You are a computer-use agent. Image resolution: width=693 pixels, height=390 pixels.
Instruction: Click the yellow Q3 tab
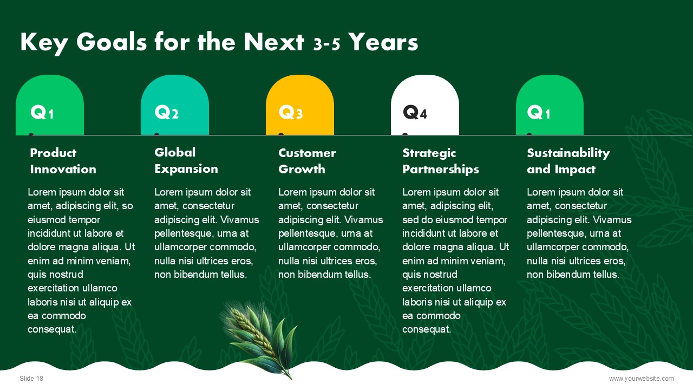coord(300,105)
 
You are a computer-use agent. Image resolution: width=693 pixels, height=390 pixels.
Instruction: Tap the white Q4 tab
coord(425,105)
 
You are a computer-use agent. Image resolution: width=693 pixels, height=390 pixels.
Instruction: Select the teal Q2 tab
coord(175,105)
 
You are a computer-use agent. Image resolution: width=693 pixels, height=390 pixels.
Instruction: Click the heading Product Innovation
coord(63,161)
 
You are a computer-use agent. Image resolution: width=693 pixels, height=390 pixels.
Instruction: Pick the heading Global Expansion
coord(186,161)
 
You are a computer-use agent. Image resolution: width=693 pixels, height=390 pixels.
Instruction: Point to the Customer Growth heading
coord(307,161)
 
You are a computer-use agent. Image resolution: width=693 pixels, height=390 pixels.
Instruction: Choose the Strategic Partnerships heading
coord(441,161)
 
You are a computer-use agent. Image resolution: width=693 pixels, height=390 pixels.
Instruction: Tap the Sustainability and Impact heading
coord(568,161)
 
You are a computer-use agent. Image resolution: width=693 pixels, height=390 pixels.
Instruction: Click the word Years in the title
coord(383,42)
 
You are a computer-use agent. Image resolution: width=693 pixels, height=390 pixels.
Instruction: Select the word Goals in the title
coord(112,42)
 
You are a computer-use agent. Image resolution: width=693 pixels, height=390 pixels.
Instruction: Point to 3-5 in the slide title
coord(326,44)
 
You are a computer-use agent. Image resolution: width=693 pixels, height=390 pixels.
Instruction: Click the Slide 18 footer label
coord(31,378)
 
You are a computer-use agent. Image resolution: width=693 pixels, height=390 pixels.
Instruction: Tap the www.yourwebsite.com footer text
coord(642,378)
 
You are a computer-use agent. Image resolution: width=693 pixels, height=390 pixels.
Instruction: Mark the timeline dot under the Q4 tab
coord(405,135)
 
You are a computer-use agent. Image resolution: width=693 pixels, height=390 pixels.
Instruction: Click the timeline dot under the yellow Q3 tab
coord(281,135)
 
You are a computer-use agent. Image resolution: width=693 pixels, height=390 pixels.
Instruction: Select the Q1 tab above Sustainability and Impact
coord(550,105)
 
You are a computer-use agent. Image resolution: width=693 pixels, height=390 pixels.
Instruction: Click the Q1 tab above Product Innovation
coord(50,105)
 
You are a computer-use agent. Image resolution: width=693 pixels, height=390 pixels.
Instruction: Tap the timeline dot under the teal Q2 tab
coord(156,135)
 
